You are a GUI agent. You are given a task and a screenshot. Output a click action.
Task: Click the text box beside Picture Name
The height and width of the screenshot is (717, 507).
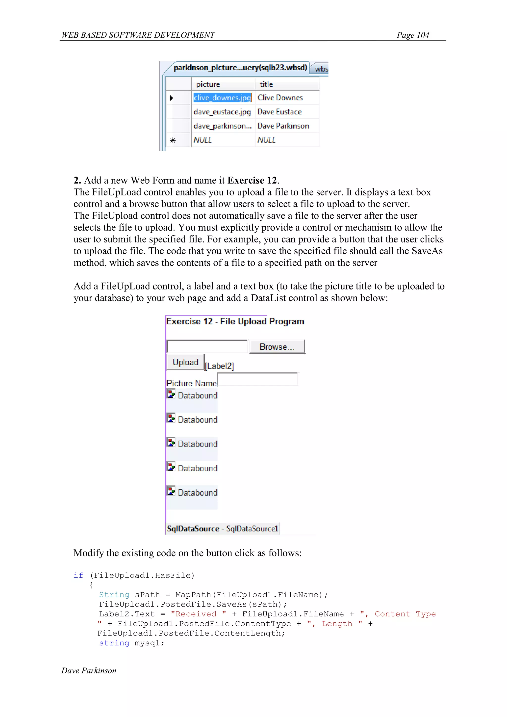[x=257, y=379]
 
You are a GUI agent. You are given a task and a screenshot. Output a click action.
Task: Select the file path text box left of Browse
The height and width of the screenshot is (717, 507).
[x=207, y=346]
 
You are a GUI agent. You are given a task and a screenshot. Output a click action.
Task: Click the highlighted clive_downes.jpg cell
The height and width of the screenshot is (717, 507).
[x=222, y=98]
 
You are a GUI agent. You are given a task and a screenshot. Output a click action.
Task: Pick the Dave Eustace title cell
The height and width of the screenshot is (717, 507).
[x=279, y=112]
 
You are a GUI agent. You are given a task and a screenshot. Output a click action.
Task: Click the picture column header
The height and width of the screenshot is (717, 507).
[x=208, y=84]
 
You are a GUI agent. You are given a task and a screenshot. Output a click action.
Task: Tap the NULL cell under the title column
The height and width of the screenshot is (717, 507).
[x=266, y=140]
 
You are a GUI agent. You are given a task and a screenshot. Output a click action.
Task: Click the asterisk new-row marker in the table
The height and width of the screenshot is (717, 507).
[x=173, y=140]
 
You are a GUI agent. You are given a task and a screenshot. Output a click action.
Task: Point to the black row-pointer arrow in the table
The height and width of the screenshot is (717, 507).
[x=171, y=98]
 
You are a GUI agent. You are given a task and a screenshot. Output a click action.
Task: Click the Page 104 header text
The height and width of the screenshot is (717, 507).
[x=412, y=35]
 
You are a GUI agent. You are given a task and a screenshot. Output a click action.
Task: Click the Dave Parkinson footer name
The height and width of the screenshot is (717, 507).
[x=89, y=670]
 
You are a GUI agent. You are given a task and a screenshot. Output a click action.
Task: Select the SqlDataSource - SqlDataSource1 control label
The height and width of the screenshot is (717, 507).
[x=222, y=528]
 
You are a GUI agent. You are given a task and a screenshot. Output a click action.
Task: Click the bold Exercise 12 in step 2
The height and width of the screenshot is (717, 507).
[x=252, y=180]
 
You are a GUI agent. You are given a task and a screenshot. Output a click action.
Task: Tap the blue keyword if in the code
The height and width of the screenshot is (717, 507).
[x=78, y=575]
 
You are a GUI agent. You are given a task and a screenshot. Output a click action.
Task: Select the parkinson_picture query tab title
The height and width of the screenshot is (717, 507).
[x=240, y=68]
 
